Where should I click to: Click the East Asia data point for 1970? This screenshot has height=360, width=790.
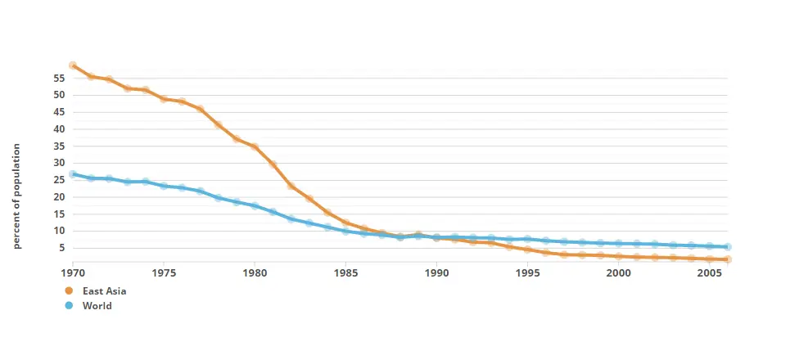click(x=73, y=65)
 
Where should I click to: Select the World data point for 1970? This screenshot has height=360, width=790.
click(x=73, y=174)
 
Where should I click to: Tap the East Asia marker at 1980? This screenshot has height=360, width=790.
click(x=255, y=147)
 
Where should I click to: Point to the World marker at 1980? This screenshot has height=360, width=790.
click(x=255, y=206)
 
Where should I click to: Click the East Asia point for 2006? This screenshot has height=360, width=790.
click(x=727, y=259)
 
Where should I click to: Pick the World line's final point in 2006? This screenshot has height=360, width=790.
click(x=727, y=246)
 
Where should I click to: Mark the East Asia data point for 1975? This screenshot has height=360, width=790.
click(x=164, y=99)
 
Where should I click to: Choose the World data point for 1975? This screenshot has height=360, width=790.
click(x=164, y=186)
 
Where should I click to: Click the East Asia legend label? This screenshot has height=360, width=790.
click(x=105, y=290)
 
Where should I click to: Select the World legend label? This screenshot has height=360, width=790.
click(x=97, y=306)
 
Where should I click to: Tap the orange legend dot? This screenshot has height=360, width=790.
click(x=70, y=290)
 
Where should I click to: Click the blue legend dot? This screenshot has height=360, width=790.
click(x=70, y=306)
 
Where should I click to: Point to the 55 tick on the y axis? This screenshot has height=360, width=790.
click(x=59, y=79)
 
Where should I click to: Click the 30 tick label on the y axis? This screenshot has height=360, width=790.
click(x=59, y=163)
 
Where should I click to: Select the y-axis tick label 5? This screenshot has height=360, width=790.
click(x=61, y=248)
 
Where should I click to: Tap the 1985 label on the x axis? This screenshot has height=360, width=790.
click(x=345, y=272)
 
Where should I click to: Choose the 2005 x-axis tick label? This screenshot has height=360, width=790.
click(x=709, y=272)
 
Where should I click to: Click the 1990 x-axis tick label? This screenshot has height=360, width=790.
click(x=436, y=272)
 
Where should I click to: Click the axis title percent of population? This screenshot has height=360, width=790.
click(x=16, y=196)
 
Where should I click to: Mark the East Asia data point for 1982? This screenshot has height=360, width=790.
click(x=291, y=186)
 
